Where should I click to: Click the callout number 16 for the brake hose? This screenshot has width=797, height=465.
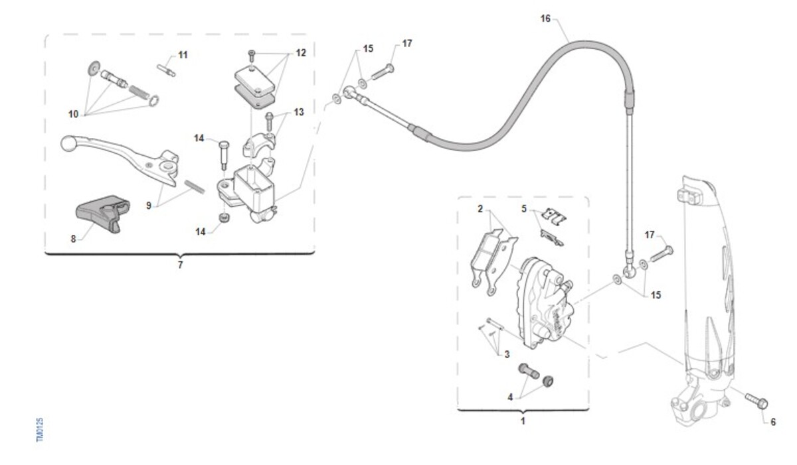tap(545, 19)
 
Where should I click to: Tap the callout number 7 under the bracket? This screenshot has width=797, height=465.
tap(181, 265)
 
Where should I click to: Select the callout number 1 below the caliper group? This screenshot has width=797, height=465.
tap(523, 421)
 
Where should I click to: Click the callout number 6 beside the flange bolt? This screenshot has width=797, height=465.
tap(773, 422)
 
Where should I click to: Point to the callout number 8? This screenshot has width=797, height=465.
tap(73, 239)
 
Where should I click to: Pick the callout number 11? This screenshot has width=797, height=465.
tap(183, 55)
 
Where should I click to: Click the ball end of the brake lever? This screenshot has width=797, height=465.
tap(68, 143)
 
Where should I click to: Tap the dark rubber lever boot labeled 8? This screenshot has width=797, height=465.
tap(102, 213)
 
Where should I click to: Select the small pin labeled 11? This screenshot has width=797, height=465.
tap(166, 70)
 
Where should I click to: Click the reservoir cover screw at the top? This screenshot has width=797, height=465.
tap(252, 56)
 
